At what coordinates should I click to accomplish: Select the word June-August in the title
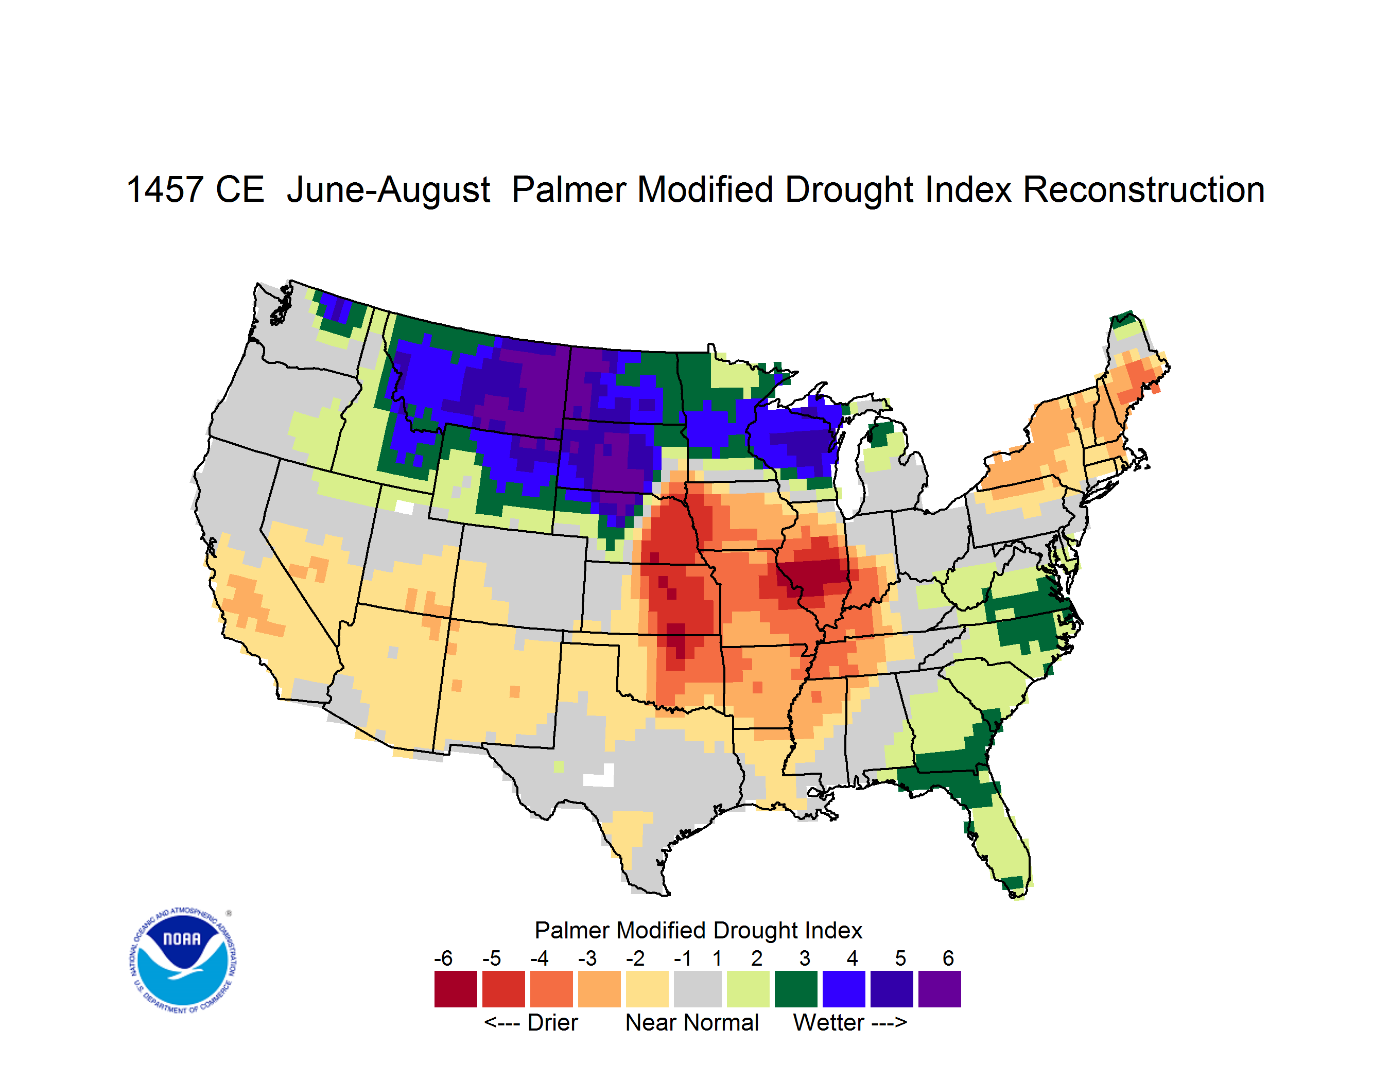pos(389,191)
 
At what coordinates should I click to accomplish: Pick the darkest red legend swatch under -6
pos(456,989)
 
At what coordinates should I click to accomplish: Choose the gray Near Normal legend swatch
pos(698,989)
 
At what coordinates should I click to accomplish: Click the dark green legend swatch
pos(795,989)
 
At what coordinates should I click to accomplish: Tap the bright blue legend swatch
pos(844,989)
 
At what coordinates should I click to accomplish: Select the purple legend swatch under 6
pos(940,989)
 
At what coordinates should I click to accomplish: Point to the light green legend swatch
pos(748,989)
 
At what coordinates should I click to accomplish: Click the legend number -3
pos(587,958)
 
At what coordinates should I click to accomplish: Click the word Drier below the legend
pos(552,1022)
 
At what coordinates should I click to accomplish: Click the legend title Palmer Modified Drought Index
pos(698,930)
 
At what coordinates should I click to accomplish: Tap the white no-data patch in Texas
pos(600,777)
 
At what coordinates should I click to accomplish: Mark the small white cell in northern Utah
pos(404,507)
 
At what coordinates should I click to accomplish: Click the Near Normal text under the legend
pos(692,1022)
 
